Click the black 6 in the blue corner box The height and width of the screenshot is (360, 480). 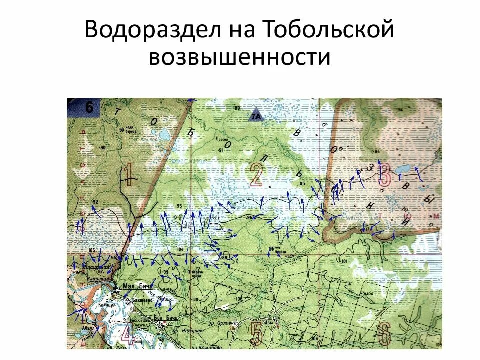coord(89,107)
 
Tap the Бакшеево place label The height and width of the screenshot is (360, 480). coord(142,300)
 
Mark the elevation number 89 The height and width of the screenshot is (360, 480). coord(237,108)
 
